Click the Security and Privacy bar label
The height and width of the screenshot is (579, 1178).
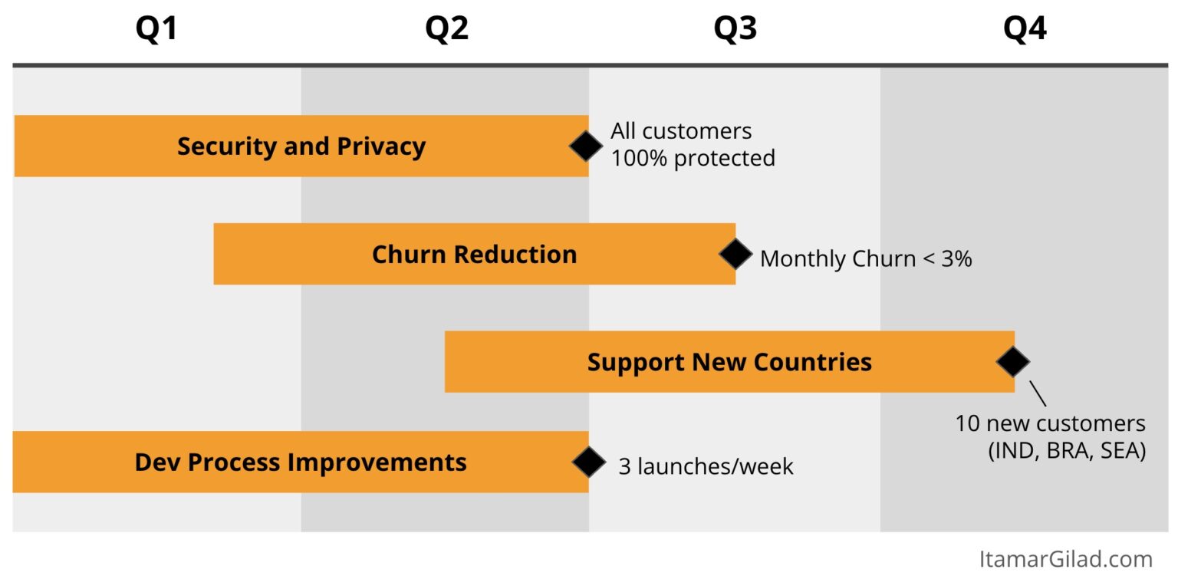[x=301, y=146]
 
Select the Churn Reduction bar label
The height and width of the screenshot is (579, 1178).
[x=475, y=254]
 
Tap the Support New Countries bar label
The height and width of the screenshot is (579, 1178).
[x=729, y=362]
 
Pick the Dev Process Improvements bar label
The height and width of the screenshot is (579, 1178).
[x=301, y=462]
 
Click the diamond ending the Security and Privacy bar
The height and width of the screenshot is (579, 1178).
[x=586, y=146]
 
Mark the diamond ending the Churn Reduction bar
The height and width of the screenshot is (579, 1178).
[x=735, y=254]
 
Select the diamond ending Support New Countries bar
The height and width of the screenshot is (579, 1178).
[x=1013, y=362]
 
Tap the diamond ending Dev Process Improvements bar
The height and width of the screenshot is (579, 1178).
[x=589, y=462]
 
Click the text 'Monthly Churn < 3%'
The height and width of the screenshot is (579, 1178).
[x=866, y=258]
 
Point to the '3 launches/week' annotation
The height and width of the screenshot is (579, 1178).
[x=706, y=466]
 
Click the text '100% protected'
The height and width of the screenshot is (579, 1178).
[x=693, y=158]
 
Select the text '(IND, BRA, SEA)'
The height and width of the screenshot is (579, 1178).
[x=1067, y=451]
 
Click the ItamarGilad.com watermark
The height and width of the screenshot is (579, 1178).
[x=1066, y=559]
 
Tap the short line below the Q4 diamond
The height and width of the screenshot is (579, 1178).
[x=1038, y=393]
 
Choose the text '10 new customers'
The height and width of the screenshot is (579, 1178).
[x=1050, y=423]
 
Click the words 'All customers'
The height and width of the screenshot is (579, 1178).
[x=681, y=131]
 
